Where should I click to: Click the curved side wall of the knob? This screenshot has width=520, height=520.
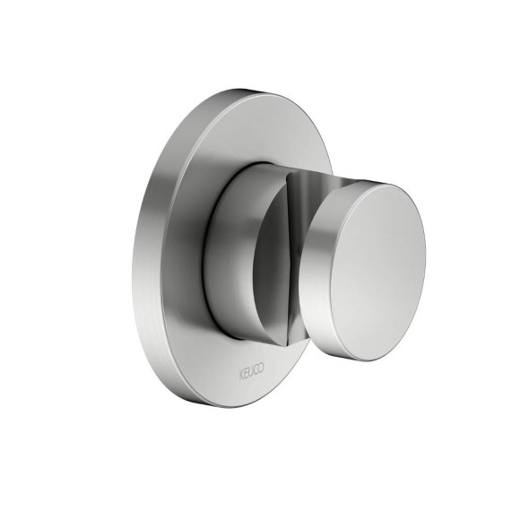(316, 265)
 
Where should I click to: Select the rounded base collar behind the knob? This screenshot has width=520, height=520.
(232, 252)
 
